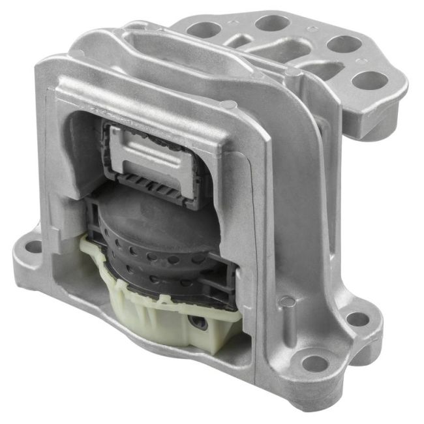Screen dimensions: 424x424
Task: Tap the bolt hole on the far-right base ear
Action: pos(357,318)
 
